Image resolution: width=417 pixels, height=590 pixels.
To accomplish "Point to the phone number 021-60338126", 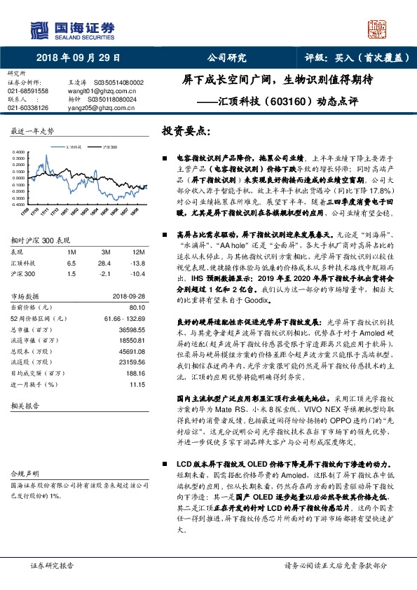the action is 28,108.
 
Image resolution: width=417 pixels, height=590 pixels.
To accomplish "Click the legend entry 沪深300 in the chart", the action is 111,147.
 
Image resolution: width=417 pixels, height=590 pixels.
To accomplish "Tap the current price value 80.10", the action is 137,307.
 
